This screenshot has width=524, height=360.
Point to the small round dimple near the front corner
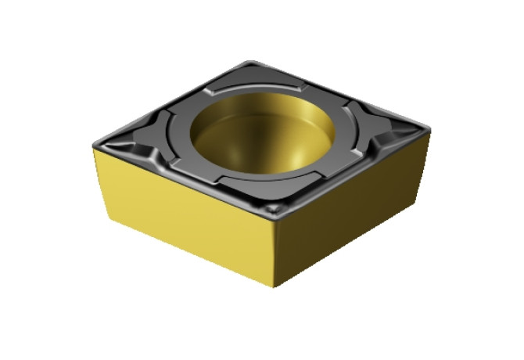click(x=273, y=207)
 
